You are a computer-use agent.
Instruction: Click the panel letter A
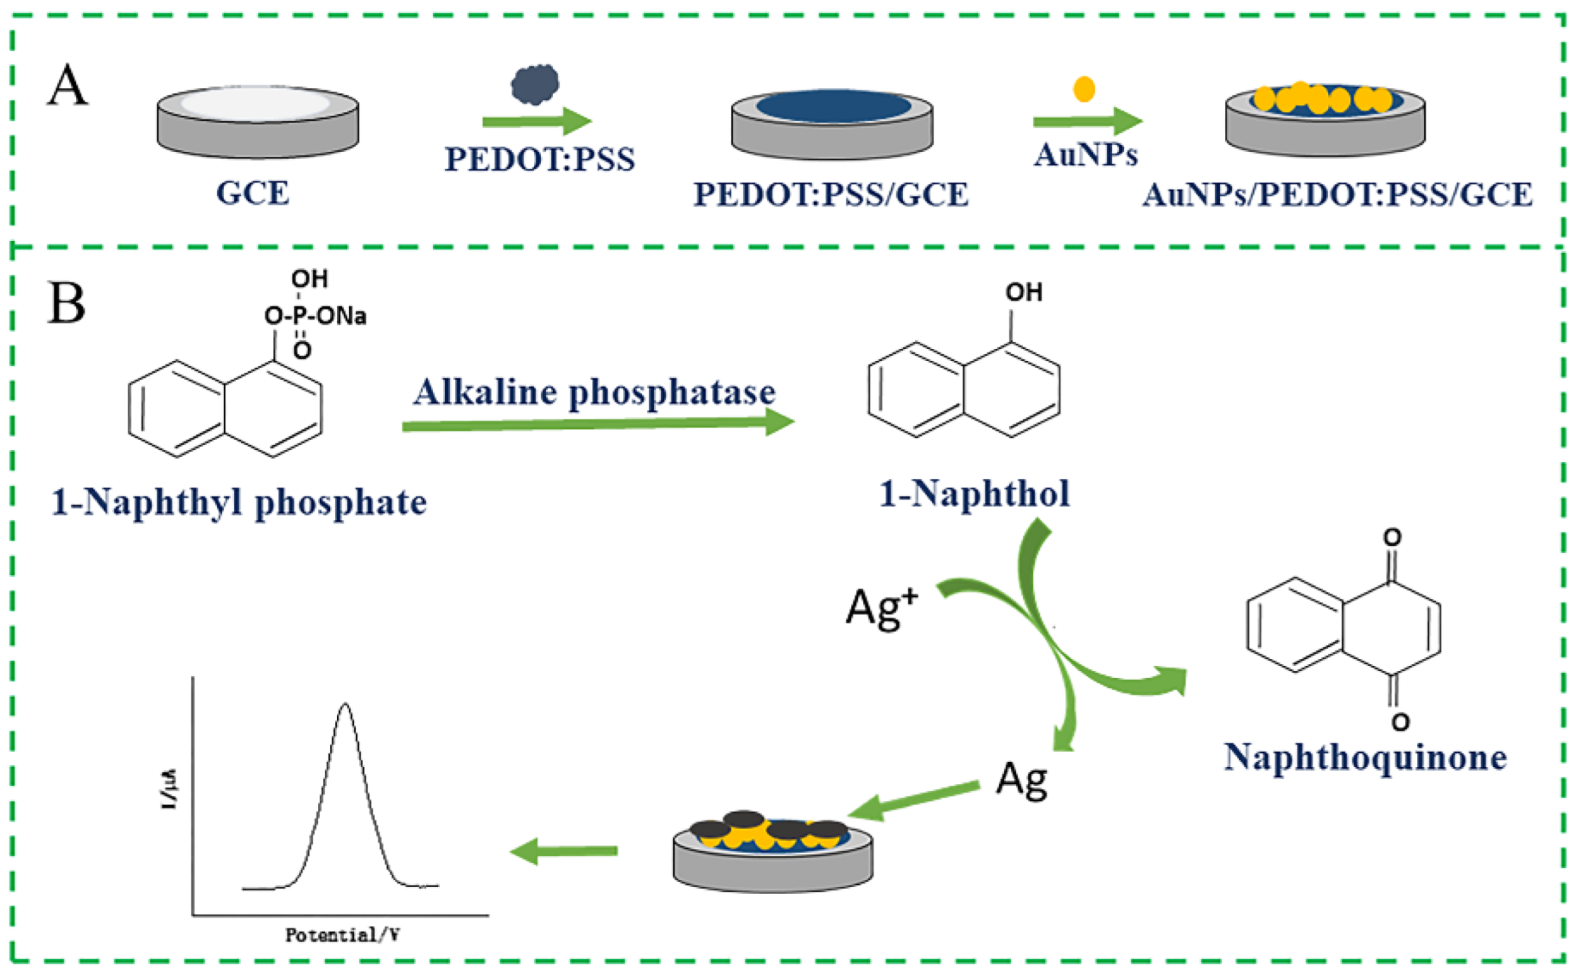coord(68,86)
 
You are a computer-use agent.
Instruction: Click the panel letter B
coord(66,304)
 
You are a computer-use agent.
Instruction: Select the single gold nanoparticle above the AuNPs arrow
coord(1084,89)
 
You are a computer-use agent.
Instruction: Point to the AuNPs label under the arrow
coord(1086,155)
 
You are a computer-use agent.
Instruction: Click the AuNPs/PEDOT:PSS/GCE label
coord(1337,195)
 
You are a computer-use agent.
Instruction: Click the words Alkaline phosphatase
coord(594,392)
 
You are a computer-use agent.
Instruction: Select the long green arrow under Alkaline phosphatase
coord(597,424)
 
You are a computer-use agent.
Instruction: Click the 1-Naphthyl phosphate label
coord(239,503)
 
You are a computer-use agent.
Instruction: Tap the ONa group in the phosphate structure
coord(343,316)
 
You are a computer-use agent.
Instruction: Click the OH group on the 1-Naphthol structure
coord(1023,292)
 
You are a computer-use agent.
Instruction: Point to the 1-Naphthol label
coord(973,494)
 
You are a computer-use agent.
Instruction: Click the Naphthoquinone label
coord(1364,757)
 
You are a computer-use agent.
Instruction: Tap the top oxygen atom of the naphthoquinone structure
coord(1392,538)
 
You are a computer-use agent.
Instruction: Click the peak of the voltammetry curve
coord(345,705)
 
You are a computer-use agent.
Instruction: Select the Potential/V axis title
coord(342,936)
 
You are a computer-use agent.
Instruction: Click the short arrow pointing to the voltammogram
coord(564,851)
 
